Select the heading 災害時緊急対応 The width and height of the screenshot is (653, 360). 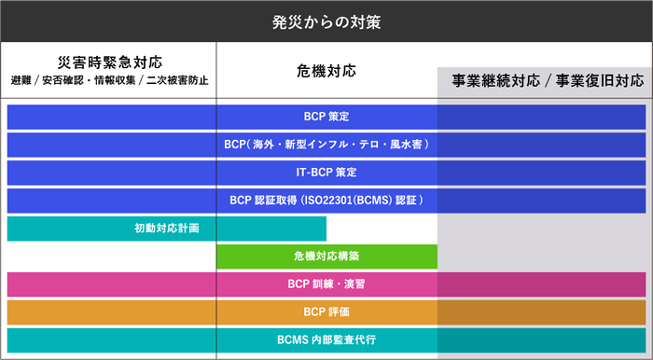coord(110,62)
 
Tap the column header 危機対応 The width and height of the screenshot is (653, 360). coord(326,71)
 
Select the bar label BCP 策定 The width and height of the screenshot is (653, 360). coord(326,118)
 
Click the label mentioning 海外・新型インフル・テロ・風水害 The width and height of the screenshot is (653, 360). coord(326,145)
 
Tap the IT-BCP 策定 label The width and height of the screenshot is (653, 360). coord(326,173)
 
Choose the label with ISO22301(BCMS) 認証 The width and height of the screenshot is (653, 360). coord(326,201)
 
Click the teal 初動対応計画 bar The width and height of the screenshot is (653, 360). coord(167,228)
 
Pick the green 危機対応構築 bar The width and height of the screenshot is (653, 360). coord(326,256)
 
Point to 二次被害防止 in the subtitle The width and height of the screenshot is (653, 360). coord(178,82)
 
